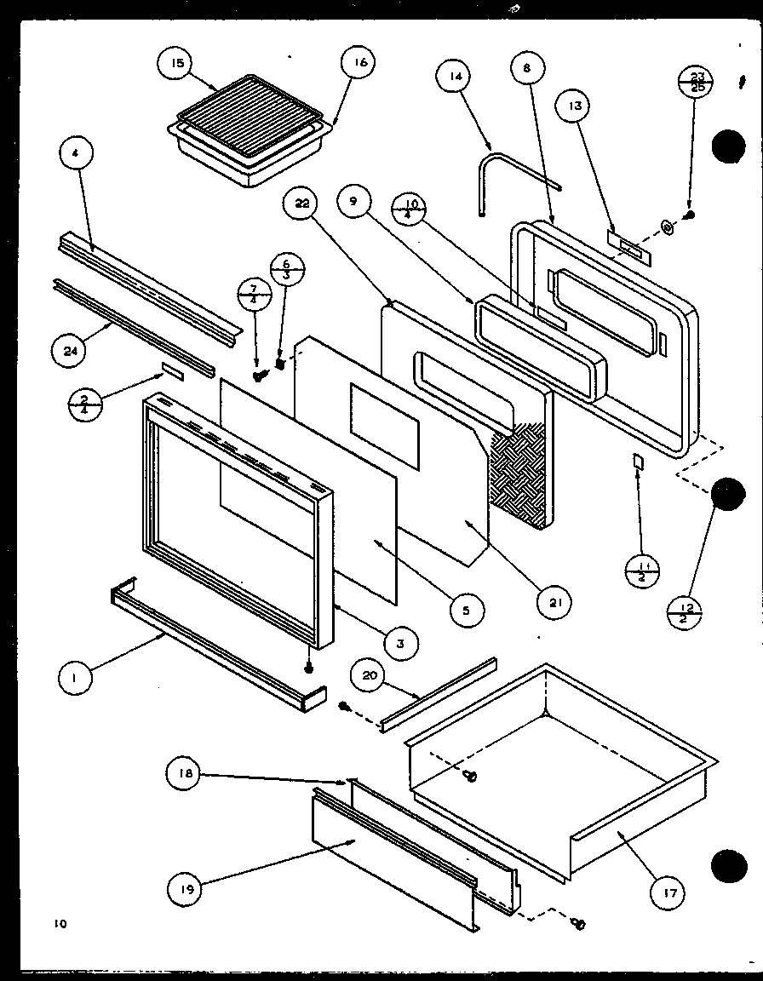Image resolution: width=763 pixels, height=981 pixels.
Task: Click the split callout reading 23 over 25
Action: click(696, 81)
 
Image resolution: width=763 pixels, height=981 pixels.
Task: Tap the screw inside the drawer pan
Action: click(470, 775)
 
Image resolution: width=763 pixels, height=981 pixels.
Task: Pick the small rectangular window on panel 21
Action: click(384, 423)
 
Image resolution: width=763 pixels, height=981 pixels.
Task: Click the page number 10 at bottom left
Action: click(57, 922)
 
